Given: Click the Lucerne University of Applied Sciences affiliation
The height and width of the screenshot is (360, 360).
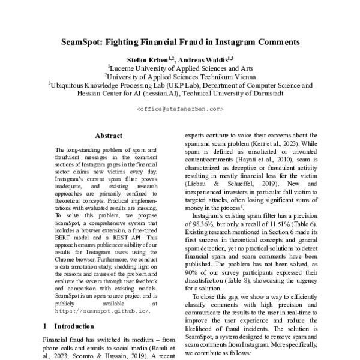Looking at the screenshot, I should click(x=180, y=68).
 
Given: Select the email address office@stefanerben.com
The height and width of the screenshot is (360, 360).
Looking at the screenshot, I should click(x=180, y=109).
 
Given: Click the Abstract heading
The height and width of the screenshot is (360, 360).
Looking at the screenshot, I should click(x=109, y=136).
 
